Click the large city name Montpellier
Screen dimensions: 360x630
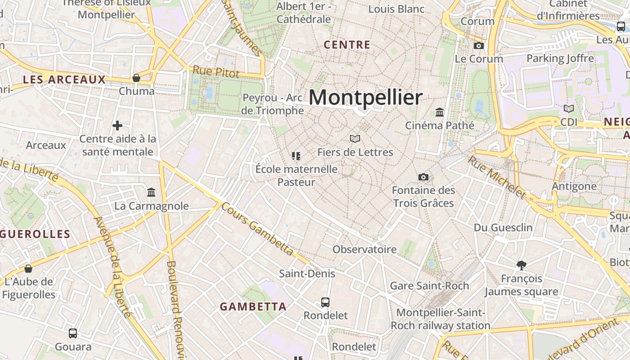(366, 97)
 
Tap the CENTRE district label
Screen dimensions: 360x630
(347, 45)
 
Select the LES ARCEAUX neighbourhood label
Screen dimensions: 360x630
(64, 80)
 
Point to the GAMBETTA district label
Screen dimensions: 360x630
(253, 307)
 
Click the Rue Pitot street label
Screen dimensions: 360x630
(216, 71)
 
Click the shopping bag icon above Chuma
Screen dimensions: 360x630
(136, 78)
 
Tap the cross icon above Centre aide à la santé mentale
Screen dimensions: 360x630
(117, 126)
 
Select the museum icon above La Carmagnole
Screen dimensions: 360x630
(151, 193)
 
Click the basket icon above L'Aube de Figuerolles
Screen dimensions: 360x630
(28, 269)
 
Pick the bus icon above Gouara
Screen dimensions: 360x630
(73, 333)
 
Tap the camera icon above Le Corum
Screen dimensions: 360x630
(479, 45)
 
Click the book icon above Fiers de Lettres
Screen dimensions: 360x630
(355, 139)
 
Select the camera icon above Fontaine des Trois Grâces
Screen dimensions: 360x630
(423, 177)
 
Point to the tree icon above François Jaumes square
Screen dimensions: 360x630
(522, 265)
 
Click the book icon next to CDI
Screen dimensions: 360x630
(569, 108)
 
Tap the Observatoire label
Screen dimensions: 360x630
(364, 249)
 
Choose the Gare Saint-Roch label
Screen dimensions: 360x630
(429, 286)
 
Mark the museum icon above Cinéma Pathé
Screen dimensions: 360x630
(440, 112)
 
